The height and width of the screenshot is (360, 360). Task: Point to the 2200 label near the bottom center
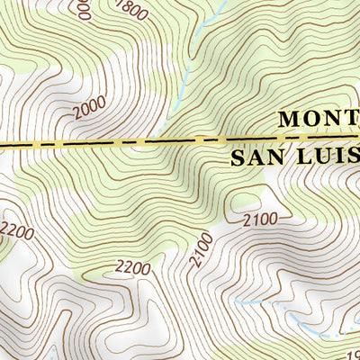(x=133, y=267)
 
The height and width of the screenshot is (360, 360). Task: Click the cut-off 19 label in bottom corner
(x=353, y=355)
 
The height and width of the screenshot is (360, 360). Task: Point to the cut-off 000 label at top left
(x=83, y=9)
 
